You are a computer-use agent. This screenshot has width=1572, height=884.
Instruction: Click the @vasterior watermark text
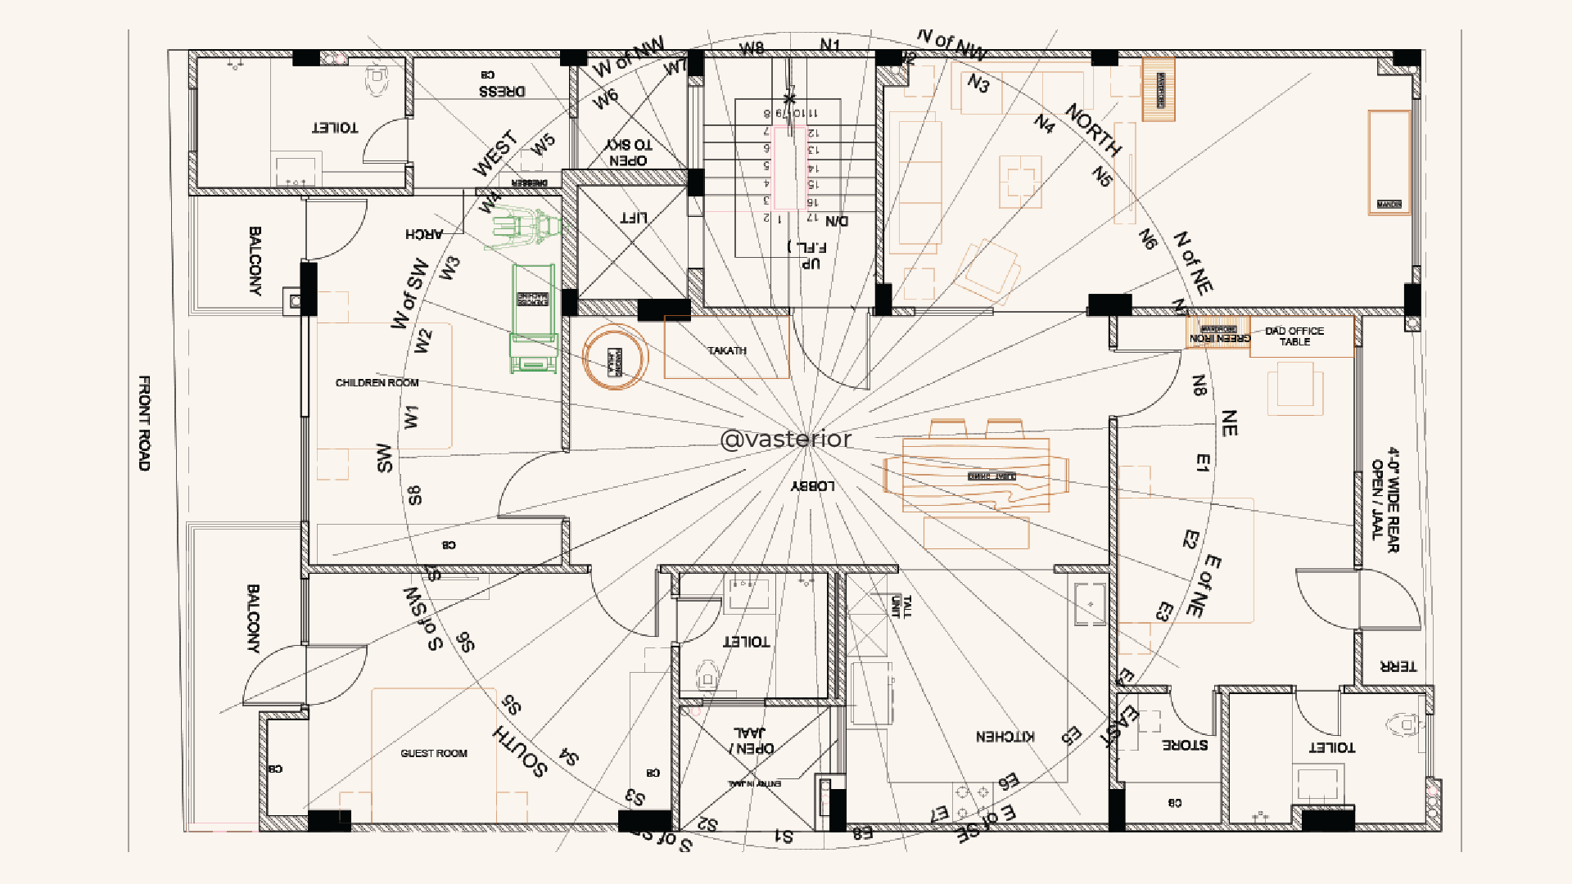[785, 440]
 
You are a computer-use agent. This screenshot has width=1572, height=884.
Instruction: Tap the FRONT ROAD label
[144, 423]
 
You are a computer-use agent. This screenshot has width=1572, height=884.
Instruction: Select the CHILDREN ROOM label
[377, 382]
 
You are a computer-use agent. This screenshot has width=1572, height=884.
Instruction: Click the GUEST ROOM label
[433, 753]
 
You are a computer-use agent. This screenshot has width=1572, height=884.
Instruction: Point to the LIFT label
[633, 217]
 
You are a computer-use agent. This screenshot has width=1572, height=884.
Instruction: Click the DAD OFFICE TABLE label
[1294, 336]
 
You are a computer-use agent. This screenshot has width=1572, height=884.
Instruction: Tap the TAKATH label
[727, 350]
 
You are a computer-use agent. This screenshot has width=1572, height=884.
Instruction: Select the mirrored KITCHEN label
[1005, 737]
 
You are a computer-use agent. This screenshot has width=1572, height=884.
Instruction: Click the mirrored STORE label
[1185, 745]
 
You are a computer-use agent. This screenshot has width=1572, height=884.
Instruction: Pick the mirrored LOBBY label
[812, 485]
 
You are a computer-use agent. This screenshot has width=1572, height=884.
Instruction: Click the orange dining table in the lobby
[976, 476]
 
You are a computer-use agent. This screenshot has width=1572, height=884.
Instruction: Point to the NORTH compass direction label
[1093, 130]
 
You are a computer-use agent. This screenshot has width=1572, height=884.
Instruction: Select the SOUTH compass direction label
[520, 751]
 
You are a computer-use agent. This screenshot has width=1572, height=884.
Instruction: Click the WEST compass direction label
[495, 153]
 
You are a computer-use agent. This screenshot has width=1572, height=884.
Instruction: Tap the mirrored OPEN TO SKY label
[629, 153]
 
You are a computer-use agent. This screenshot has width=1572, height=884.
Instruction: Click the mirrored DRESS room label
[502, 91]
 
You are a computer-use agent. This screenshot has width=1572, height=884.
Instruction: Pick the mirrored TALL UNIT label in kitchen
[901, 606]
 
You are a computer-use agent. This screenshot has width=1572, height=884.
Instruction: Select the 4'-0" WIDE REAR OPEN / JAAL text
[1385, 499]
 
